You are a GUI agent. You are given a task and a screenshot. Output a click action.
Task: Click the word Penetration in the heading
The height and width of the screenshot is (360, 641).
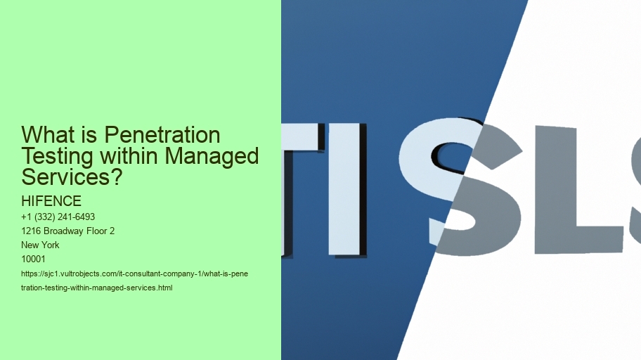point(162,134)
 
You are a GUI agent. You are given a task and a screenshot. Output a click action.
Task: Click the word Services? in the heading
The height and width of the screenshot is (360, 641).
point(72,177)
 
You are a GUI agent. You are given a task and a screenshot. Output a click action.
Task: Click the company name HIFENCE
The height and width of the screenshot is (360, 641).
point(51,201)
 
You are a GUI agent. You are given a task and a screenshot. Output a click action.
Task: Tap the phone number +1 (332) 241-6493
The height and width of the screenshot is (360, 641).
point(58,217)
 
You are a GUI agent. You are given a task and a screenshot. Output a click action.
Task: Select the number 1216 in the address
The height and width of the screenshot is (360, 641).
point(31,231)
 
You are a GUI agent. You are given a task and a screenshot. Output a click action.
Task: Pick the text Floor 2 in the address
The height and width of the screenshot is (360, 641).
point(101,231)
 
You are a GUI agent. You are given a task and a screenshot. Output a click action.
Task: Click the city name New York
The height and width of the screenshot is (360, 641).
point(40,245)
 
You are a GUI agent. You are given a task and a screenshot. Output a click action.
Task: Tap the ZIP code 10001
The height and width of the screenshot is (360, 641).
point(33,259)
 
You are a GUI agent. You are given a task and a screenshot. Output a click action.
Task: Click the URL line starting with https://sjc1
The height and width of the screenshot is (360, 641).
point(134,274)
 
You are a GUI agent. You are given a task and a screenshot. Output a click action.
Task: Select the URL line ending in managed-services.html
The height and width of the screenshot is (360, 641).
point(97,288)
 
